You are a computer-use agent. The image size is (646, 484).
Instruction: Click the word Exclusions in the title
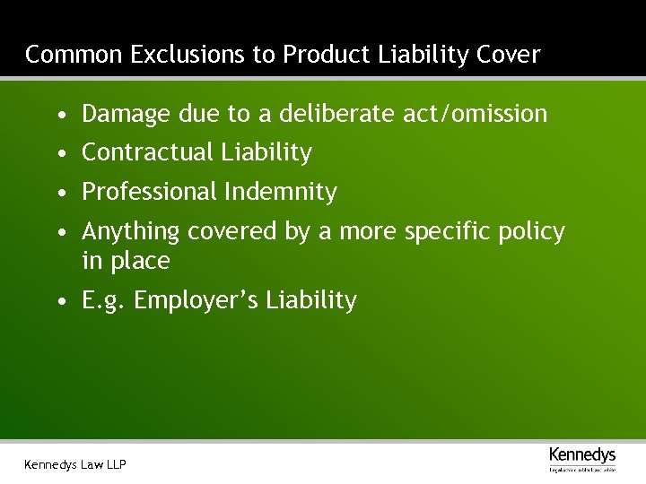pyautogui.click(x=188, y=55)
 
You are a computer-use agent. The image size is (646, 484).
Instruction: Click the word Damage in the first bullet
pyautogui.click(x=127, y=115)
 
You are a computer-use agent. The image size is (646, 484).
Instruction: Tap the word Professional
pyautogui.click(x=150, y=192)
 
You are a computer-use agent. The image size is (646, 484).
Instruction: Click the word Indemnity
pyautogui.click(x=281, y=192)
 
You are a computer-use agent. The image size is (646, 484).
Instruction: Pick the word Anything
pyautogui.click(x=131, y=232)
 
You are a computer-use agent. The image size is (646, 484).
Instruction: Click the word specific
pyautogui.click(x=445, y=232)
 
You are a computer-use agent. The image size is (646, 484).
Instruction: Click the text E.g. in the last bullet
pyautogui.click(x=104, y=301)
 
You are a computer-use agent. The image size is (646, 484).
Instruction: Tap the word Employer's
pyautogui.click(x=190, y=301)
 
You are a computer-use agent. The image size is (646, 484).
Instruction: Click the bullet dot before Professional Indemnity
pyautogui.click(x=59, y=193)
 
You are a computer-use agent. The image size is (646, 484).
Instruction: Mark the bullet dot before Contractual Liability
pyautogui.click(x=59, y=154)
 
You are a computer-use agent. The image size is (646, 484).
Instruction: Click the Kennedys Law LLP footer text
pyautogui.click(x=75, y=464)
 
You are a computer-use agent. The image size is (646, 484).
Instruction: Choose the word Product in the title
pyautogui.click(x=326, y=55)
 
